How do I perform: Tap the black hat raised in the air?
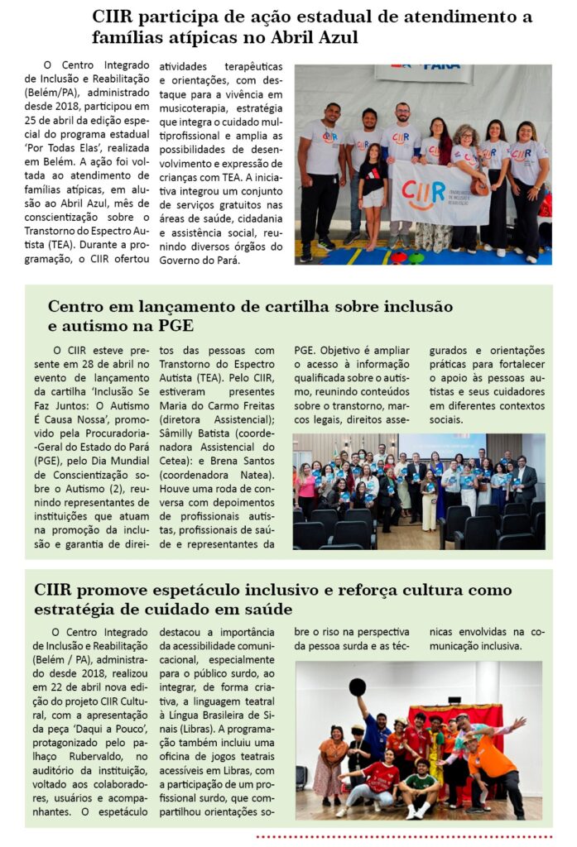(x=358, y=687)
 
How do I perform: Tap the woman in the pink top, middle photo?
(x=306, y=487)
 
